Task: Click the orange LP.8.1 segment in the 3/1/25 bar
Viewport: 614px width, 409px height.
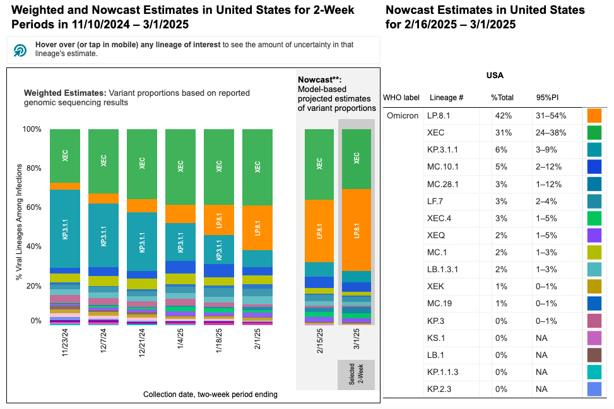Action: pyautogui.click(x=357, y=230)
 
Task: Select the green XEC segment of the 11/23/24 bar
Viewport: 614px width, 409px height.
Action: pyautogui.click(x=65, y=156)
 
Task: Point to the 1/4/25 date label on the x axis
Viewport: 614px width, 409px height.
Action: pyautogui.click(x=180, y=343)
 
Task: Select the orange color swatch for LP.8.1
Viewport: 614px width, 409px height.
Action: pyautogui.click(x=594, y=116)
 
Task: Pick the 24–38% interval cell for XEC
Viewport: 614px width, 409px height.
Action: pyautogui.click(x=550, y=133)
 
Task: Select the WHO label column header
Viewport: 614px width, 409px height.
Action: pyautogui.click(x=401, y=98)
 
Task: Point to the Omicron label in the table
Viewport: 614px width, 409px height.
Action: pyautogui.click(x=402, y=116)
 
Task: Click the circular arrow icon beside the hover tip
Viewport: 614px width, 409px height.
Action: pyautogui.click(x=20, y=50)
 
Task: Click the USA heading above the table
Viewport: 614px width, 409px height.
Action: pyautogui.click(x=494, y=76)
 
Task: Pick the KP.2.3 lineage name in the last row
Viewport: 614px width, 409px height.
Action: pyautogui.click(x=442, y=389)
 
